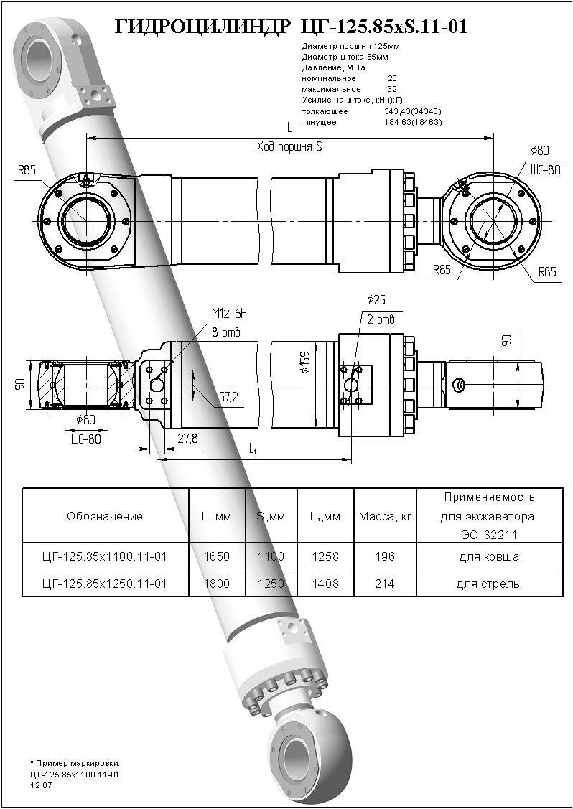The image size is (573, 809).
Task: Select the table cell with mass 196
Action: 384,556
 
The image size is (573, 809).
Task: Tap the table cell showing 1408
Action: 325,584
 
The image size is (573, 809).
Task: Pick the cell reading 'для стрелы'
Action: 488,584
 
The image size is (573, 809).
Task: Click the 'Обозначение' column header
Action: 105,516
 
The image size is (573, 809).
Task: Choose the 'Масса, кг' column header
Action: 385,516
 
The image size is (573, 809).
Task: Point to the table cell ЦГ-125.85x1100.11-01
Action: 105,556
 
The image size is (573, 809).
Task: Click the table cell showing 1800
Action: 216,584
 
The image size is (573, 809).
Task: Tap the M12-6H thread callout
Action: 228,314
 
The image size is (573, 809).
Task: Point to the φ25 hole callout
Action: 376,299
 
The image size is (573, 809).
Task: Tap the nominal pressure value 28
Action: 392,78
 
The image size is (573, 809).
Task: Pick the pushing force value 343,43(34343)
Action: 413,111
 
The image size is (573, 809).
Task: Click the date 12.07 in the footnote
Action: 41,785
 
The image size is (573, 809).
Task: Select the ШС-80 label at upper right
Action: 544,170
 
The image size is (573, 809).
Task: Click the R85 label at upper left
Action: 28,171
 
